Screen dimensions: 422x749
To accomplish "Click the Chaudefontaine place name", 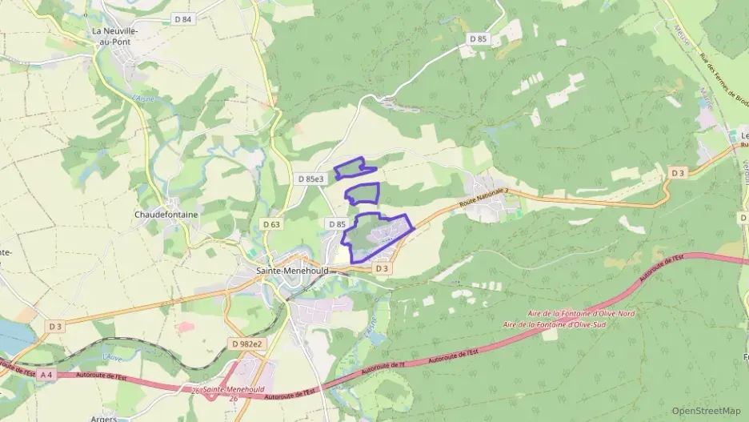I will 166,215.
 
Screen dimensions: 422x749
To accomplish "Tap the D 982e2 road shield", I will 247,344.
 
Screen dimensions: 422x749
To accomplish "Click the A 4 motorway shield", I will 46,375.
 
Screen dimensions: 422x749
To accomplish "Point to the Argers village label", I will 104,417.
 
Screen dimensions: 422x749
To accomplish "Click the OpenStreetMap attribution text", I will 706,411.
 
